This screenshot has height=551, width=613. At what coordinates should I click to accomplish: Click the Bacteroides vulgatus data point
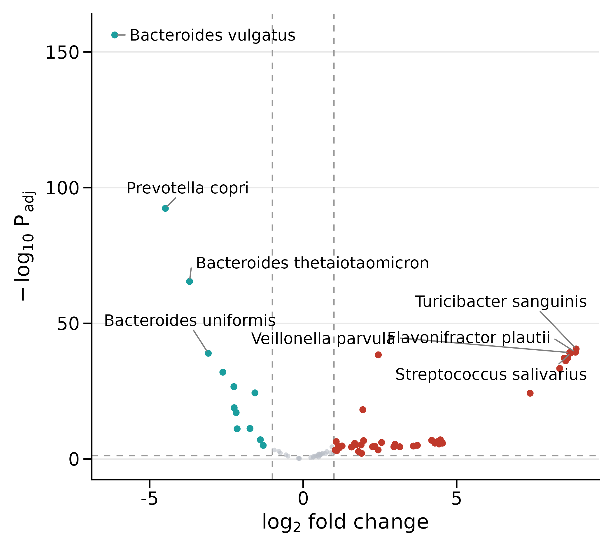click(115, 35)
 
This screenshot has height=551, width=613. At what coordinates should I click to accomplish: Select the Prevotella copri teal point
click(165, 208)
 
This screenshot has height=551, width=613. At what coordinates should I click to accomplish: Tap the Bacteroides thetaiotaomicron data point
click(190, 281)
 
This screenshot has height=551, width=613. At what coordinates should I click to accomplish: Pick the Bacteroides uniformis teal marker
click(208, 353)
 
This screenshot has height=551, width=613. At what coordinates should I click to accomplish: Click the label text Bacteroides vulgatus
click(213, 35)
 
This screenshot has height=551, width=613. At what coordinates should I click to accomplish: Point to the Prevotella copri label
click(188, 188)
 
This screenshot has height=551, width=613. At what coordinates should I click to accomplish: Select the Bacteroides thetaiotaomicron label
click(312, 263)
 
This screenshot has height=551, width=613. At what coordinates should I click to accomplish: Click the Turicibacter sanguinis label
click(501, 302)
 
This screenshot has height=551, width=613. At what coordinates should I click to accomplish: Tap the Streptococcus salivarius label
click(491, 375)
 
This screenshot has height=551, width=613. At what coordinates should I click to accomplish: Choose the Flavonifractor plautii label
click(469, 338)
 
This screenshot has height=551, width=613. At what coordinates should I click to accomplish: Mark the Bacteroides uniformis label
click(190, 320)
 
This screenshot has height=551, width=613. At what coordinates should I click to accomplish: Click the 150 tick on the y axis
click(62, 53)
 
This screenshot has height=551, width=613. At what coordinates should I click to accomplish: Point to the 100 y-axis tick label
click(62, 188)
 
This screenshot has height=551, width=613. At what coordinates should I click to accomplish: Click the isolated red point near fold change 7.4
click(530, 393)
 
